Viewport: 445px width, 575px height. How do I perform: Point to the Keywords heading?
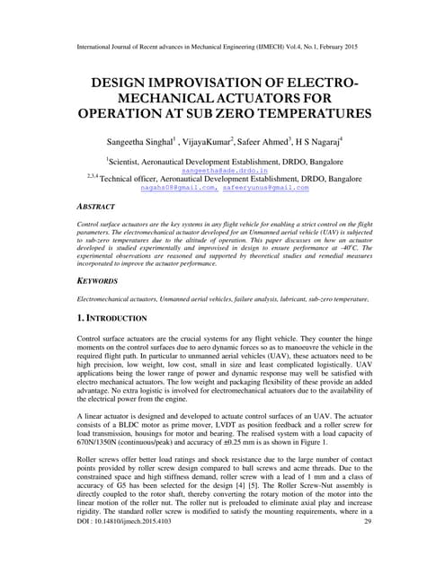[x=98, y=280]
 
